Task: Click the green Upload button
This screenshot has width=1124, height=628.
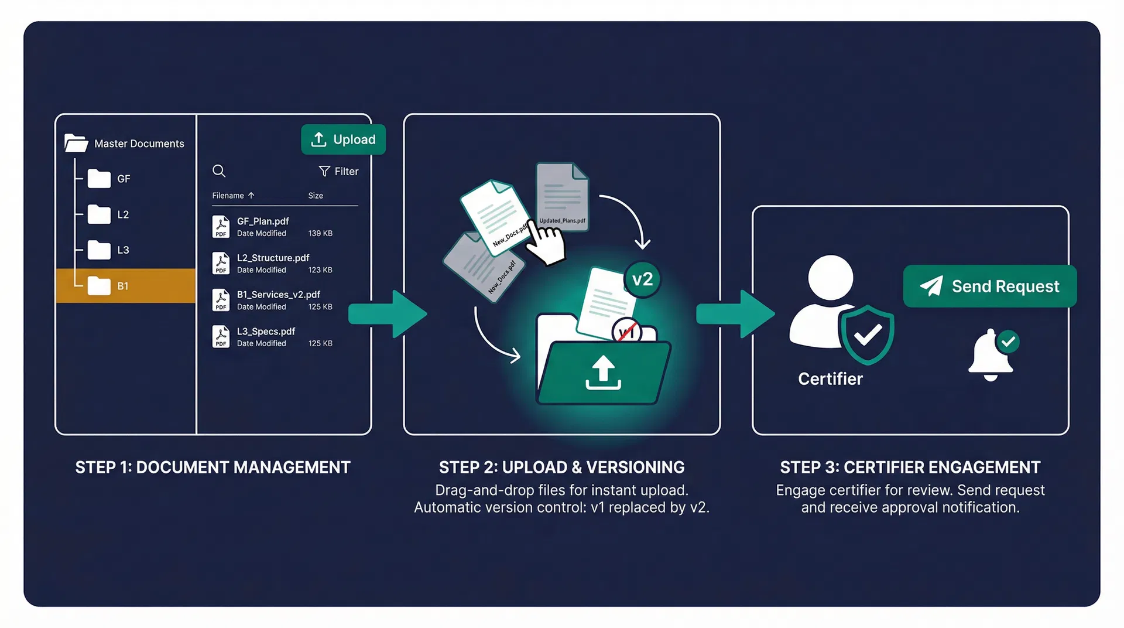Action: tap(343, 139)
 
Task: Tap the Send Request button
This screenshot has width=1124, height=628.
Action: tap(989, 286)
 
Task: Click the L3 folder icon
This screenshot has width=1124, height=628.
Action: tap(99, 250)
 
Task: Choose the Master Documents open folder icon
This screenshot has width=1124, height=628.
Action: tap(76, 143)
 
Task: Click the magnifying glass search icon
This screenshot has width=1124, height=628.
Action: tap(219, 171)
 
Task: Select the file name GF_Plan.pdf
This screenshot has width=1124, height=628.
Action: tap(263, 221)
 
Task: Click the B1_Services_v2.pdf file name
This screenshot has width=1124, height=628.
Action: tap(278, 294)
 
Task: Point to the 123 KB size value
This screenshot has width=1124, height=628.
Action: tap(320, 270)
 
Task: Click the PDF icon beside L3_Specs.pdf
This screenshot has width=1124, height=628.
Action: tap(221, 337)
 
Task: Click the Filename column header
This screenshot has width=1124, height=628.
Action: tap(228, 196)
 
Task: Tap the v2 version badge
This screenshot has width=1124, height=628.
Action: tap(642, 279)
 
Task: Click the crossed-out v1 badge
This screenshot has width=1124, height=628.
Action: tap(626, 332)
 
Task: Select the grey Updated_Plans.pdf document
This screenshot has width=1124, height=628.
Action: tap(562, 196)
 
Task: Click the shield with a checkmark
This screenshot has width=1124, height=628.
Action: tap(866, 334)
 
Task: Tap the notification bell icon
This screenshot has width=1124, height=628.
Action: tap(991, 354)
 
